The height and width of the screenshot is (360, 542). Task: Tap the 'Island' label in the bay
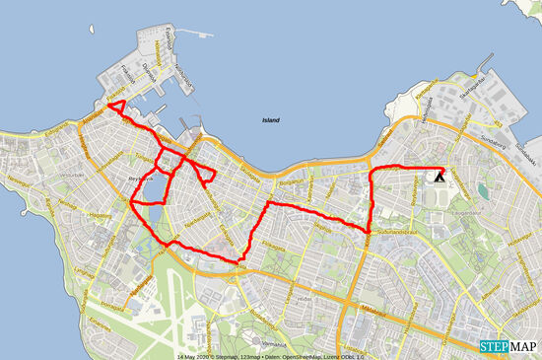tap(270, 120)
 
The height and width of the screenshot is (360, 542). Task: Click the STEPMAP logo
tap(508, 346)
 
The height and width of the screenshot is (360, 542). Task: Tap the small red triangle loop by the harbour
tap(116, 107)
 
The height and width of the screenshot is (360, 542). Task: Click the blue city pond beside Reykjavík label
tap(154, 186)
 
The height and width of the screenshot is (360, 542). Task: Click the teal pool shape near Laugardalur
tap(482, 189)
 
